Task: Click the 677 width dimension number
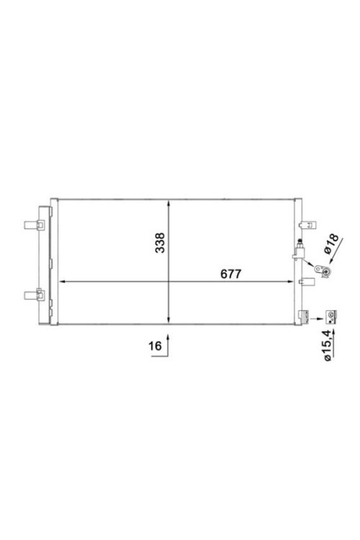[x=229, y=274]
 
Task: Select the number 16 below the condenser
[x=154, y=346]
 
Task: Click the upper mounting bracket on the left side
[x=35, y=225]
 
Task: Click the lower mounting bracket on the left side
[x=35, y=294]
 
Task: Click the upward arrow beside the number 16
[x=168, y=341]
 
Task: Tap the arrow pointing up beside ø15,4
[x=330, y=328]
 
